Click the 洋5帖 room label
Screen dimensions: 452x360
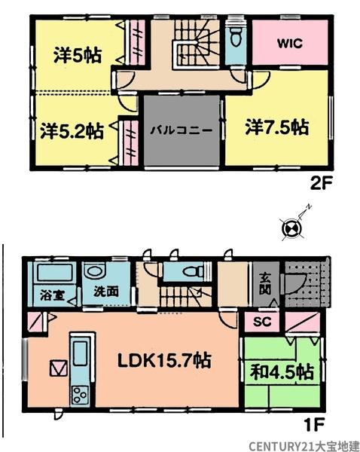(x=78, y=55)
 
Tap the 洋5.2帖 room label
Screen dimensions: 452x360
(x=72, y=130)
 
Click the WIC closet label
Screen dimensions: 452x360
(x=288, y=44)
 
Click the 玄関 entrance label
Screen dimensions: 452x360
(x=264, y=282)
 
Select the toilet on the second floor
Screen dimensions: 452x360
(x=236, y=37)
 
